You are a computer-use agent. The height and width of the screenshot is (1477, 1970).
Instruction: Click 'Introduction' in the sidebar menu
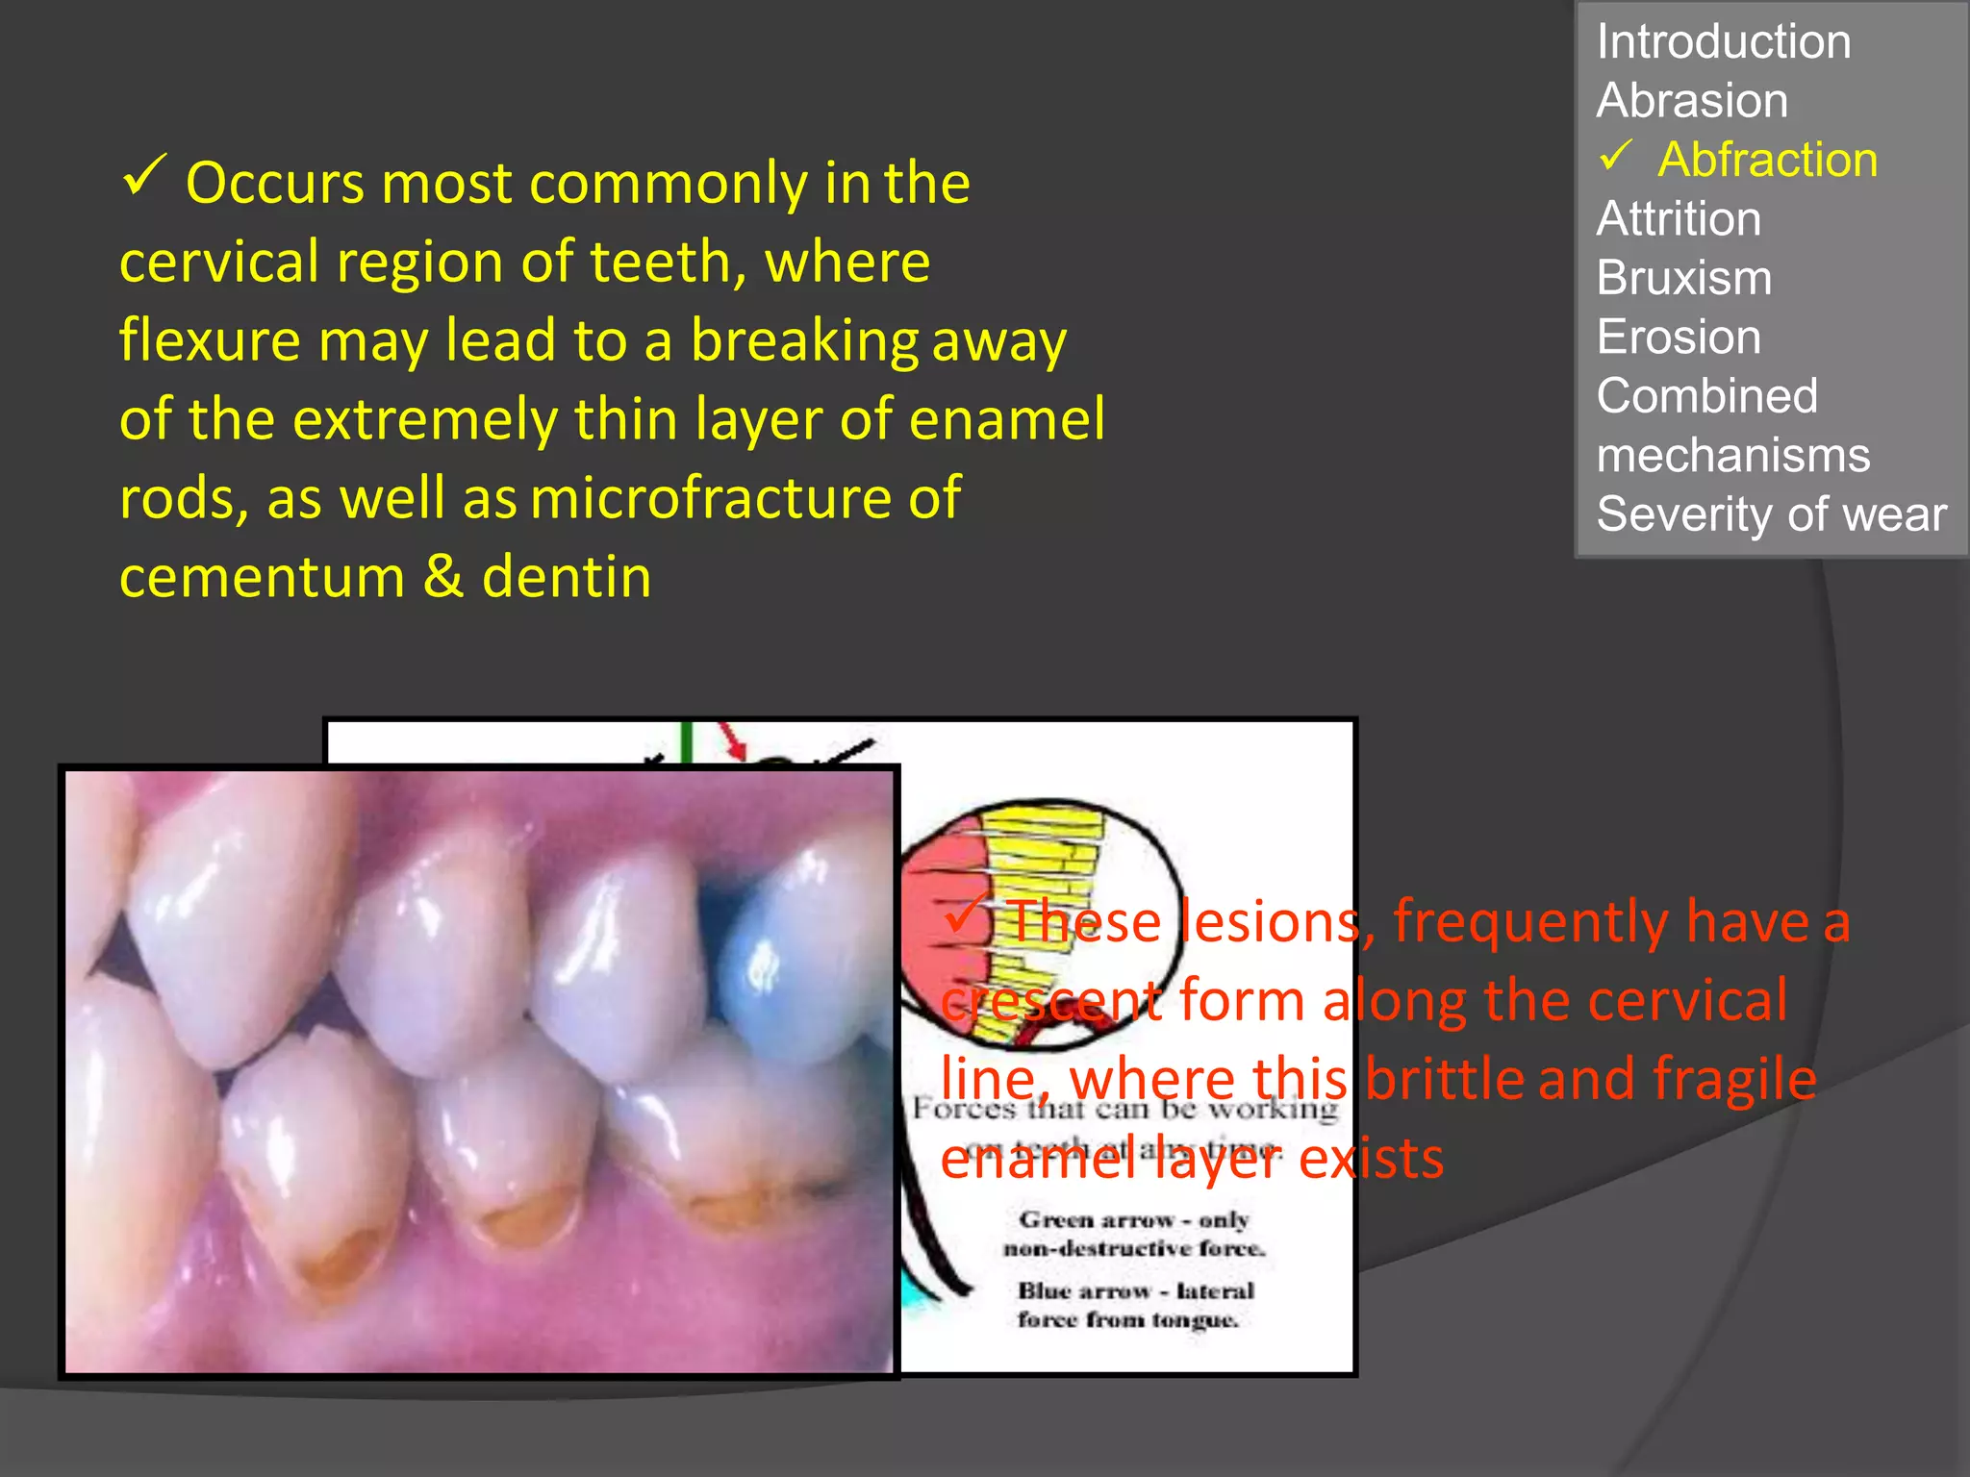tap(1723, 42)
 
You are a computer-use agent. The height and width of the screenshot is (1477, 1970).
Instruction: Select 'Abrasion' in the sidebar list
tap(1692, 101)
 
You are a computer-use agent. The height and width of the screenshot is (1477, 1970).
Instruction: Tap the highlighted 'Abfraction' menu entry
tap(1767, 160)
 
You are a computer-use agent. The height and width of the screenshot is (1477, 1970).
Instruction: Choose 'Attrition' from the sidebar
tap(1679, 219)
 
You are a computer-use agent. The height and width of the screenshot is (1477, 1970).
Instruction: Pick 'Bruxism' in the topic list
tap(1683, 279)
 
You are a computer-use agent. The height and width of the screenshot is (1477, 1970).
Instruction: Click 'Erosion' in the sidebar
tap(1679, 338)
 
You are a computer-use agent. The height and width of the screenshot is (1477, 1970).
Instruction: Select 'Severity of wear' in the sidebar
tap(1771, 514)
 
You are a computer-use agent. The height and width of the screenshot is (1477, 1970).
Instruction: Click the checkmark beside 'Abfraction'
tap(1617, 156)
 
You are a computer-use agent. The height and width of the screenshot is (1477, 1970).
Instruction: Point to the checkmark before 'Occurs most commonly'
tap(144, 176)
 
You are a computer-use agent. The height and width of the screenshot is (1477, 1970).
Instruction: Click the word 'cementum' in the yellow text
tap(262, 578)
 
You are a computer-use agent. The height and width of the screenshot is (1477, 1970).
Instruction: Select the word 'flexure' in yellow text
tap(209, 341)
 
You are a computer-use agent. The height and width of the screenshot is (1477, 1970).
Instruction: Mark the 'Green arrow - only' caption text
tap(1133, 1220)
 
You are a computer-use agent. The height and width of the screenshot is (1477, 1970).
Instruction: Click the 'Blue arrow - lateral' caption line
tap(1136, 1291)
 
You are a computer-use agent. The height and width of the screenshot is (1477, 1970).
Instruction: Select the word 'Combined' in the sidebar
tap(1706, 396)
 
